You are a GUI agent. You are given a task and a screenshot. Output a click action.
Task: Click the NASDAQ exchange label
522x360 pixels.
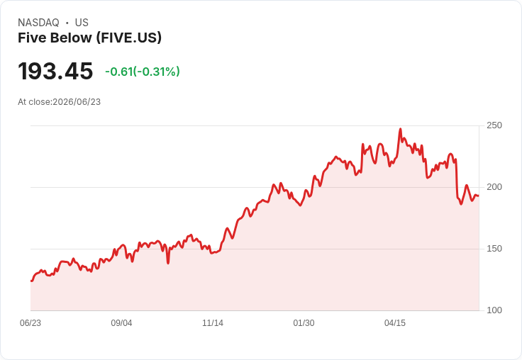point(38,23)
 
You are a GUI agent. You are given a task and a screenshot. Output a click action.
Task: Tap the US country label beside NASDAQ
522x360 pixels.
point(82,23)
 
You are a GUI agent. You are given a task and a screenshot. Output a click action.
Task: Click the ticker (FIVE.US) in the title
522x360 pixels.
point(129,38)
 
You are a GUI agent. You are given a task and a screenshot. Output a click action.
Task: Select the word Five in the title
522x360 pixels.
point(28,38)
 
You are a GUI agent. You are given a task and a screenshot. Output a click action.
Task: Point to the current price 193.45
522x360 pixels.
point(55,71)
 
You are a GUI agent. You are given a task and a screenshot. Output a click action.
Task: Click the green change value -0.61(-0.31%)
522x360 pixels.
point(143,72)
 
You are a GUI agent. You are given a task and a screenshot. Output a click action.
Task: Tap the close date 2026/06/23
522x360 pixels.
point(77,102)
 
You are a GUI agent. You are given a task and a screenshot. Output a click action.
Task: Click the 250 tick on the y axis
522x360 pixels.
point(494,125)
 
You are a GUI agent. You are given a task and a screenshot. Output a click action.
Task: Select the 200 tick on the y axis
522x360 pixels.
point(494,187)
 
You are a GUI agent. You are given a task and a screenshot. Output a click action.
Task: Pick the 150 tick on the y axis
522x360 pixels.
point(494,249)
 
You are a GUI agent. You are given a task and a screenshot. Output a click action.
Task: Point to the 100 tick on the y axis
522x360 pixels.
point(494,310)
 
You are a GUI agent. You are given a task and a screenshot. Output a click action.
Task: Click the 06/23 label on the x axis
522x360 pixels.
point(30,323)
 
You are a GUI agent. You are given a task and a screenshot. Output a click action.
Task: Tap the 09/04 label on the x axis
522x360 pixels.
point(121,323)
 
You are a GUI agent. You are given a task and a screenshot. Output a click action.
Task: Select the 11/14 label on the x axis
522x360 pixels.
point(213,323)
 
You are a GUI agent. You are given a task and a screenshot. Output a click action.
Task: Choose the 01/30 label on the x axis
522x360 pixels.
point(304,323)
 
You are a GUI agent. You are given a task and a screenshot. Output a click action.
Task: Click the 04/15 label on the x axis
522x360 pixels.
point(395,323)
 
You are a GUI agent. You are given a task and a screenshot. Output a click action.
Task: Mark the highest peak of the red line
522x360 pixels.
point(400,129)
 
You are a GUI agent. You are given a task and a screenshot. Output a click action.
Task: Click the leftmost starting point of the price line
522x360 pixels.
point(31,281)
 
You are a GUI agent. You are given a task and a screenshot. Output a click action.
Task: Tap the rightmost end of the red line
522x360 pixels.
point(479,196)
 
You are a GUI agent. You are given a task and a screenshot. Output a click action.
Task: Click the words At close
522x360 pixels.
point(35,102)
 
